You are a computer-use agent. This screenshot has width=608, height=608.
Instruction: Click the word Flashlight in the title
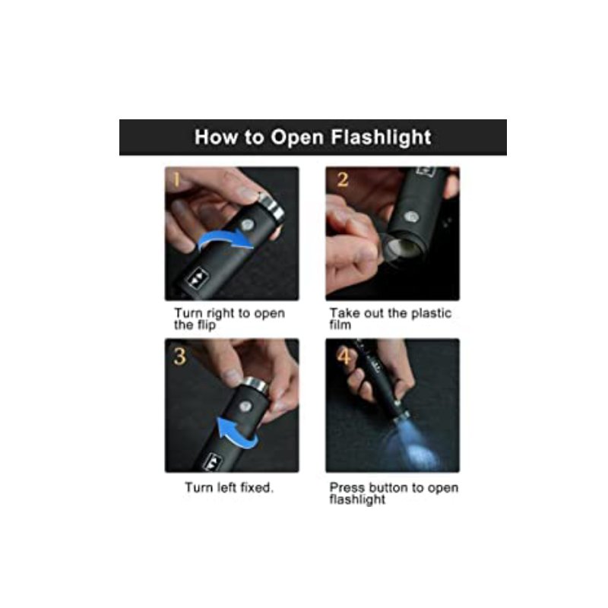(x=381, y=138)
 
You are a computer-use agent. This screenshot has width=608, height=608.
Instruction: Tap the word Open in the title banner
(x=297, y=138)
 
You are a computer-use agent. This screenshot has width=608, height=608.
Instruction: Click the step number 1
(x=177, y=180)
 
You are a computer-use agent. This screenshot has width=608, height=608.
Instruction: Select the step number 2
(x=343, y=179)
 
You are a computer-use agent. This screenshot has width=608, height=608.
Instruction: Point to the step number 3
(x=179, y=356)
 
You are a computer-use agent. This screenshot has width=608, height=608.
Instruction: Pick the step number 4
(x=344, y=356)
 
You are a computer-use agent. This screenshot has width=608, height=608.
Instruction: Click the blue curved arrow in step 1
(x=224, y=239)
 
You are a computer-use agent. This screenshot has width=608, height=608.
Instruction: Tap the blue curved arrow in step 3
(x=236, y=433)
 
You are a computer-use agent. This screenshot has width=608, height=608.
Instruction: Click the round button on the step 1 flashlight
(x=247, y=224)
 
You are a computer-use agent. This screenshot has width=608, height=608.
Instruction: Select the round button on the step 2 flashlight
(x=410, y=217)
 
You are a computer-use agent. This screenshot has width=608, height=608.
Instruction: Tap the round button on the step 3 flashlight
(x=245, y=407)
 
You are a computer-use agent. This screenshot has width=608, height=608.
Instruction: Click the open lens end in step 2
(x=402, y=248)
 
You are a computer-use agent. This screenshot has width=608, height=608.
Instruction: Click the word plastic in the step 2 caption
(x=431, y=313)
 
